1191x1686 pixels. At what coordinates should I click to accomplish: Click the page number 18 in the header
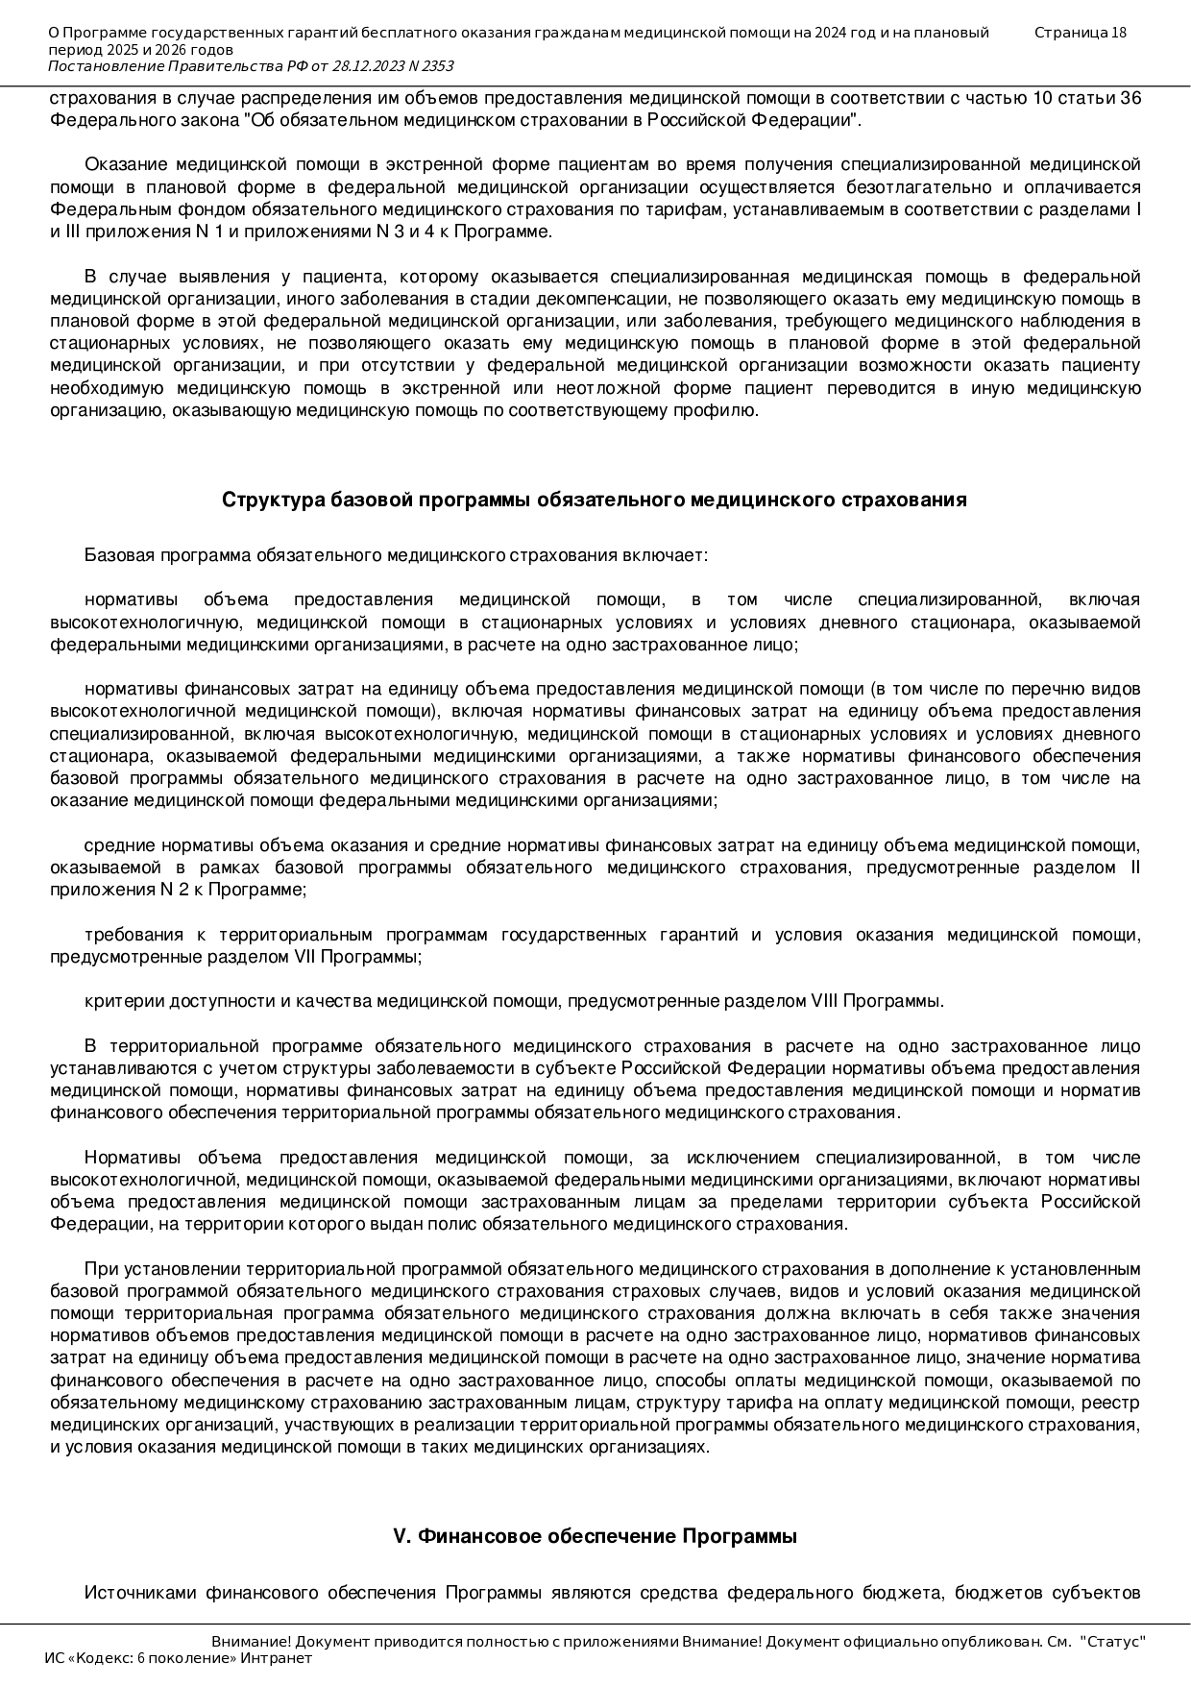coord(1118,33)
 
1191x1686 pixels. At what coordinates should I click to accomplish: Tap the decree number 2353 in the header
coord(436,65)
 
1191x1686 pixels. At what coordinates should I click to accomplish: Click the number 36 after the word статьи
coord(1130,98)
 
